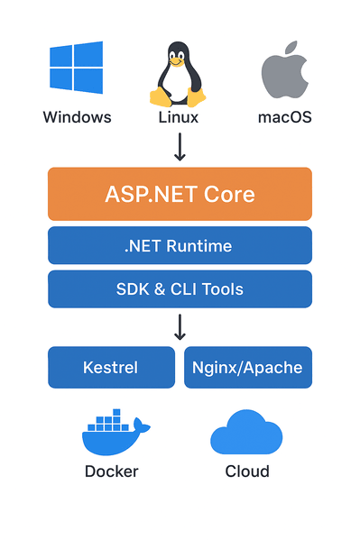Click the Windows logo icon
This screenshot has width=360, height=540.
77,68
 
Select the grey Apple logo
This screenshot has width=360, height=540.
286,71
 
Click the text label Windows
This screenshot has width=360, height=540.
77,117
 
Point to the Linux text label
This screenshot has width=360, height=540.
178,117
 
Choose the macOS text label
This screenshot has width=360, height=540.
285,117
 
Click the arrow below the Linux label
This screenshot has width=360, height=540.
180,146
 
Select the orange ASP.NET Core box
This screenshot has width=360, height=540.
180,194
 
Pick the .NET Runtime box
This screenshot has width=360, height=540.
180,245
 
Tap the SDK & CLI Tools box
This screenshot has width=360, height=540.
180,289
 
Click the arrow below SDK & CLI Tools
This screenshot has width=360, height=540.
180,325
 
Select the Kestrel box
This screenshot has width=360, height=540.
112,367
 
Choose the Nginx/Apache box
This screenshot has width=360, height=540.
248,367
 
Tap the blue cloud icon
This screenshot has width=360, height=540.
247,433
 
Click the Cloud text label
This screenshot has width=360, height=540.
247,471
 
